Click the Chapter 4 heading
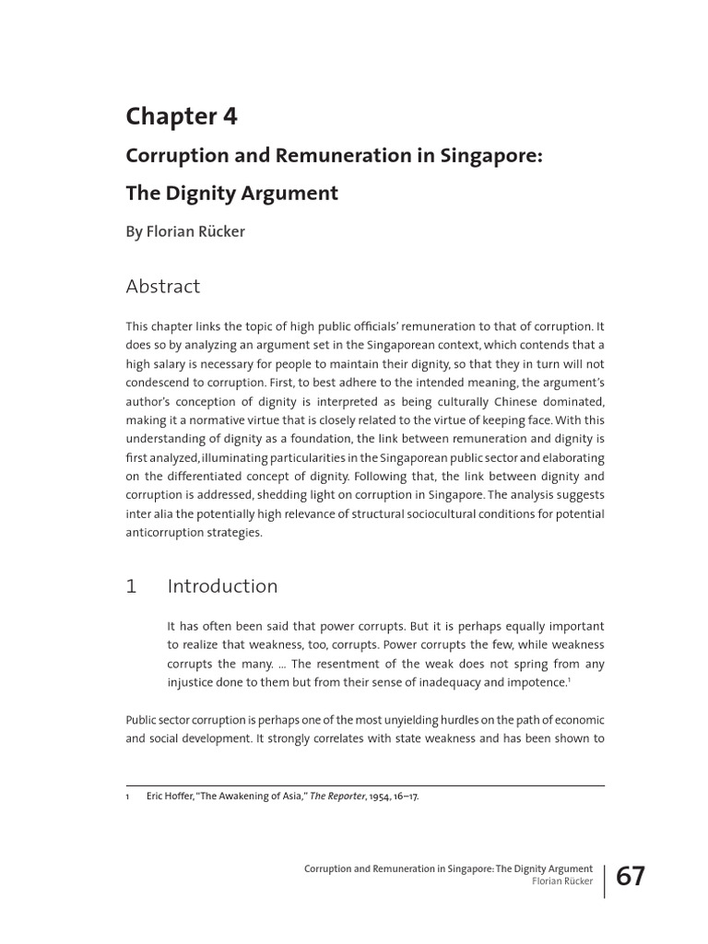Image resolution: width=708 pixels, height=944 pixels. [x=182, y=116]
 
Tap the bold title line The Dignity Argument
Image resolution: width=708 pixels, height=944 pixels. [x=231, y=194]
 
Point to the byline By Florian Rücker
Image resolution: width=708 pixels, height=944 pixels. [x=184, y=232]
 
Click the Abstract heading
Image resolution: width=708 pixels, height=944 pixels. [x=162, y=287]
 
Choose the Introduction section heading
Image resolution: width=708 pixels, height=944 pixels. [x=222, y=586]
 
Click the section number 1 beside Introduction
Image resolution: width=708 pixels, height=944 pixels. [x=131, y=586]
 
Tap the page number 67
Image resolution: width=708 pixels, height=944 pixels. [x=631, y=877]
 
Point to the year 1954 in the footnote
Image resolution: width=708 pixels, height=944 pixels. [x=381, y=796]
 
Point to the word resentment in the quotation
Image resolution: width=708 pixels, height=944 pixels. [x=336, y=664]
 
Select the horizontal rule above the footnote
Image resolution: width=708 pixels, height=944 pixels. [x=365, y=785]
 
